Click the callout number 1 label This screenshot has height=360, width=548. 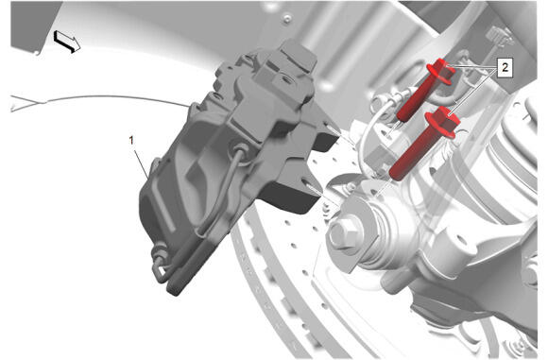(x=131, y=141)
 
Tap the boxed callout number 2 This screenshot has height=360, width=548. (x=505, y=67)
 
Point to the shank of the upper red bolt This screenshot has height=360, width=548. (x=414, y=101)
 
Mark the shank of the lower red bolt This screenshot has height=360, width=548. (x=411, y=157)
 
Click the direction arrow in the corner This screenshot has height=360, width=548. (x=67, y=42)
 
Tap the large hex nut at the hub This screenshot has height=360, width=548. (x=345, y=233)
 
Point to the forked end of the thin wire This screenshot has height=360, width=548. (x=26, y=104)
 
